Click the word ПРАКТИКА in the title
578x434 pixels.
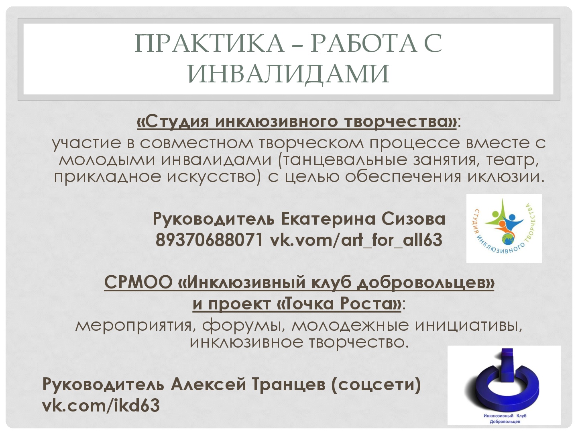pyautogui.click(x=210, y=43)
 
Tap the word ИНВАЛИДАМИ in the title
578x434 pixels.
pyautogui.click(x=289, y=74)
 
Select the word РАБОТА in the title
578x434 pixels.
pyautogui.click(x=364, y=43)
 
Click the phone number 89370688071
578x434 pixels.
pyautogui.click(x=210, y=240)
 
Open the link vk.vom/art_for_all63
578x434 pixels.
pyautogui.click(x=356, y=240)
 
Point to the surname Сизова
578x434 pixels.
pyautogui.click(x=413, y=219)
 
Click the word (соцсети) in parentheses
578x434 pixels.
pyautogui.click(x=376, y=385)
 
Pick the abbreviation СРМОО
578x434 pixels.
pyautogui.click(x=138, y=282)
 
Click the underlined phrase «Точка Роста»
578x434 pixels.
pyautogui.click(x=339, y=303)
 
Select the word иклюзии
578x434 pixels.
pyautogui.click(x=506, y=176)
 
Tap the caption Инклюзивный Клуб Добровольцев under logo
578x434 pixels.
pyautogui.click(x=505, y=418)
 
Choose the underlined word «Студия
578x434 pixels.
pyautogui.click(x=173, y=122)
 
